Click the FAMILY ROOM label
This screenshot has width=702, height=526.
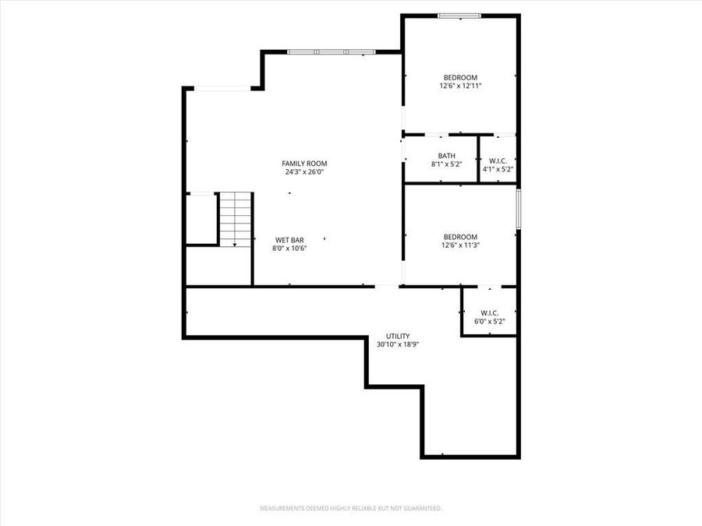[x=304, y=163]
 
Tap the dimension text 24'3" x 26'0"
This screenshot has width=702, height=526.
[x=304, y=172]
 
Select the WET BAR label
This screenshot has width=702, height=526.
[x=289, y=239]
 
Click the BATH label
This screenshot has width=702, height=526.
[x=447, y=155]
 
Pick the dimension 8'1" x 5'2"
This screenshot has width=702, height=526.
[x=447, y=164]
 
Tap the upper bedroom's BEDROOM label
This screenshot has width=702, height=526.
[x=460, y=77]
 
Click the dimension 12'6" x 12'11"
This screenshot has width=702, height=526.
[x=460, y=86]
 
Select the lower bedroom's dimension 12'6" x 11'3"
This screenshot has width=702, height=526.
[x=460, y=245]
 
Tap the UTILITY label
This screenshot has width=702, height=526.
[x=398, y=336]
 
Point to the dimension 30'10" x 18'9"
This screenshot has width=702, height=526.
[x=398, y=344]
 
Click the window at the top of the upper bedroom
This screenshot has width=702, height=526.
[x=459, y=16]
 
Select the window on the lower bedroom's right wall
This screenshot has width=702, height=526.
[x=518, y=209]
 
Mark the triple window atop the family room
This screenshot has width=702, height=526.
[x=331, y=52]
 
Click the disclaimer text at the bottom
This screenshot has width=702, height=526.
[x=351, y=508]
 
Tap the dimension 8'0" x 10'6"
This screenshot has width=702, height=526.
[x=289, y=249]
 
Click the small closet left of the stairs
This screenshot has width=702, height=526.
[x=201, y=219]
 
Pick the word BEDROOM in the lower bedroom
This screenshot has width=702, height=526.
[x=460, y=237]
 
